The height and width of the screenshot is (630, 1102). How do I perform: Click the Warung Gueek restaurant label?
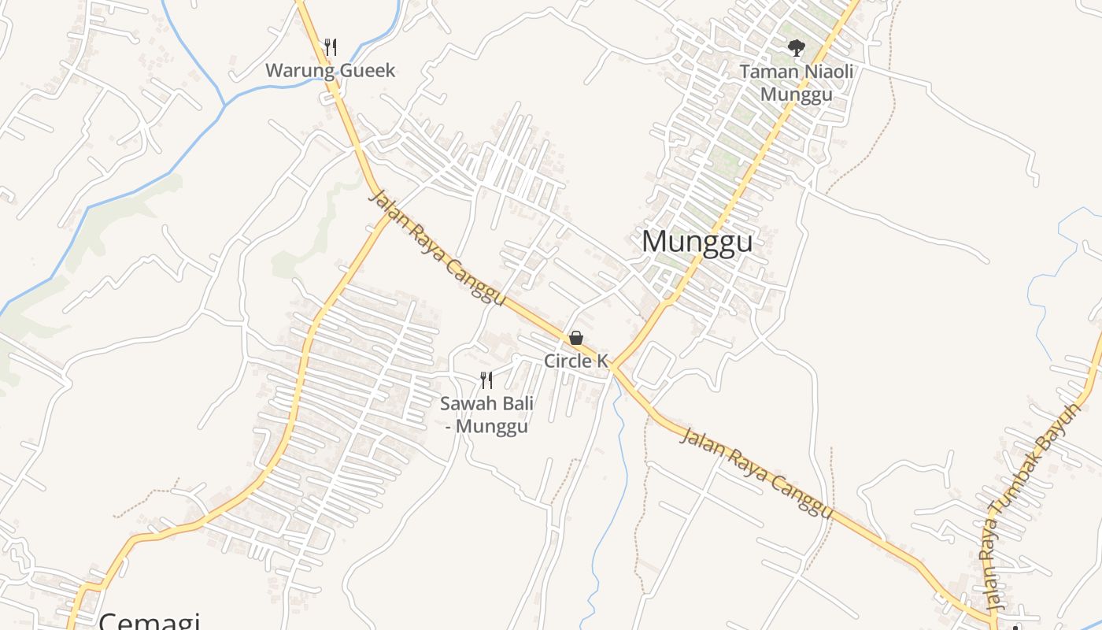pyautogui.click(x=330, y=70)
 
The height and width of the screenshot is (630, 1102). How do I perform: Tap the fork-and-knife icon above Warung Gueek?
pyautogui.click(x=331, y=47)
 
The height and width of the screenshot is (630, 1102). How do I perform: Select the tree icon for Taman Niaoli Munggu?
pyautogui.click(x=797, y=48)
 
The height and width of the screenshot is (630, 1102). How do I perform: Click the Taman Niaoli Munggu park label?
pyautogui.click(x=797, y=83)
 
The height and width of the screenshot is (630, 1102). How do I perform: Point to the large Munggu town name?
pyautogui.click(x=697, y=242)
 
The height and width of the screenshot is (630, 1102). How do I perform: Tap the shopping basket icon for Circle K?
pyautogui.click(x=576, y=339)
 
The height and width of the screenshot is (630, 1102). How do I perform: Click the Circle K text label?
pyautogui.click(x=576, y=361)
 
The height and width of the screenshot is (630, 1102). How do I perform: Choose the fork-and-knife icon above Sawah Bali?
pyautogui.click(x=486, y=380)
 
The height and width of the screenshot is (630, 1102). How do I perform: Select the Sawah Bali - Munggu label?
pyautogui.click(x=486, y=415)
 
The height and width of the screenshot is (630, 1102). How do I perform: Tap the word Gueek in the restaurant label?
pyautogui.click(x=367, y=70)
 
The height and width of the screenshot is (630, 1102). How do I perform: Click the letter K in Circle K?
pyautogui.click(x=602, y=361)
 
